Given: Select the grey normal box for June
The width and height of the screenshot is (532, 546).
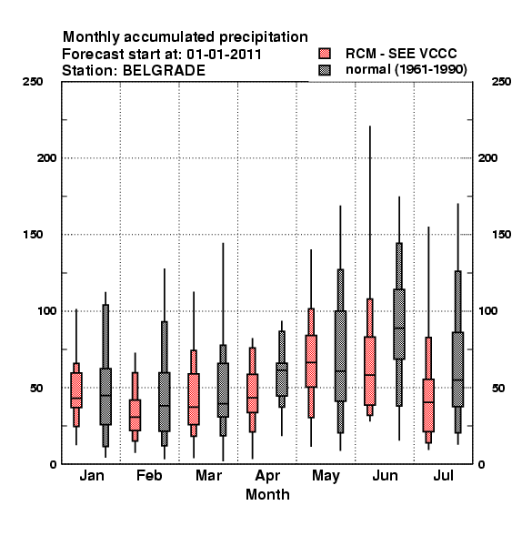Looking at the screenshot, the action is [399, 324].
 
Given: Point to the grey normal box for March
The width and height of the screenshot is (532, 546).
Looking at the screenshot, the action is [223, 390].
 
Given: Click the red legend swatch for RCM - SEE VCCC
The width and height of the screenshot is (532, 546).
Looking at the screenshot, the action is [325, 54].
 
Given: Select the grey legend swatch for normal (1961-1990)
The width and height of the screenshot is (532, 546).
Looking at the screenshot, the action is [325, 70].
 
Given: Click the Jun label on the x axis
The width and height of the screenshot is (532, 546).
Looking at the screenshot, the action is [385, 476].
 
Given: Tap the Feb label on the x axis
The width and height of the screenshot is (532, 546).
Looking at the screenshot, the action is [149, 476].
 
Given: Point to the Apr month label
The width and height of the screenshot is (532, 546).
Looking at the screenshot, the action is [267, 476].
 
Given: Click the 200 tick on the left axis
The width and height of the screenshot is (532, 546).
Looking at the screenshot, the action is [46, 158].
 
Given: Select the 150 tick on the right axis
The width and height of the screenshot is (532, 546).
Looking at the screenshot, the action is [502, 235].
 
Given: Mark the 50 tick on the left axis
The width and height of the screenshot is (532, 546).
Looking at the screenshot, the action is [36, 388].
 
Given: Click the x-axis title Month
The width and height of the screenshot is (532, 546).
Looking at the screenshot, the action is [267, 495].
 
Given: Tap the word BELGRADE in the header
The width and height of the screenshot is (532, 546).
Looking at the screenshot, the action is [164, 71].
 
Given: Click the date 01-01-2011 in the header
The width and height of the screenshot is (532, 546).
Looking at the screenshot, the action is [224, 55].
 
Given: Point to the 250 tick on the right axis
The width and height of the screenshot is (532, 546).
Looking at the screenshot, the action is [502, 82].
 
